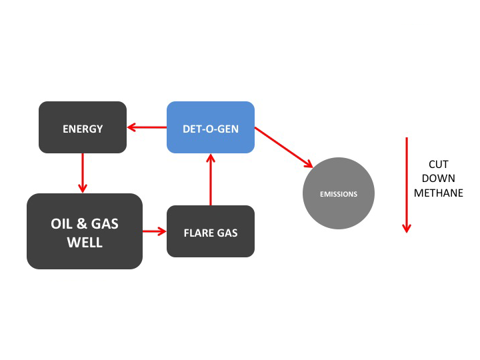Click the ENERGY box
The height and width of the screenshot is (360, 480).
[x=83, y=127]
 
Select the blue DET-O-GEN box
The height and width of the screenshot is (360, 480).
[x=210, y=127]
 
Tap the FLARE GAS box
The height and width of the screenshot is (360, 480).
[x=210, y=232]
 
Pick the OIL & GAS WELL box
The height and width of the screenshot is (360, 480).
[x=85, y=231]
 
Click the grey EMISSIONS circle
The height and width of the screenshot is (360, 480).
[x=339, y=194]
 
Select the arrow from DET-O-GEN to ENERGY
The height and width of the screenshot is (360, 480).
[x=147, y=127]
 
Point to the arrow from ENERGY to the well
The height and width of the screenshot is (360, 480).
[x=83, y=173]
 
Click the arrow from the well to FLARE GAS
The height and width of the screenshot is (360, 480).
[x=154, y=231]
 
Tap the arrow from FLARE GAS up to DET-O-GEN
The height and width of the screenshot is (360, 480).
[x=211, y=179]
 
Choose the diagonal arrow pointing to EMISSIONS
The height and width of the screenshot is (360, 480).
[x=283, y=147]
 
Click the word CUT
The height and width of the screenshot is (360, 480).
[x=438, y=164]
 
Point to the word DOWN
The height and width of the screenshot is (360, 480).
[x=438, y=179]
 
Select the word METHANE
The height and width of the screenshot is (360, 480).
[x=438, y=193]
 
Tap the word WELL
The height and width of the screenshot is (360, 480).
[x=85, y=242]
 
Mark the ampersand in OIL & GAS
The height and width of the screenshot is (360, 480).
[x=85, y=224]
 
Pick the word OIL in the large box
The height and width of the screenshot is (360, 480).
[x=62, y=224]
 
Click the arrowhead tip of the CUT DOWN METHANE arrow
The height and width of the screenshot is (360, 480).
[x=407, y=231]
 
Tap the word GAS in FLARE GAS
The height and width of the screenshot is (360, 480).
[x=227, y=233]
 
